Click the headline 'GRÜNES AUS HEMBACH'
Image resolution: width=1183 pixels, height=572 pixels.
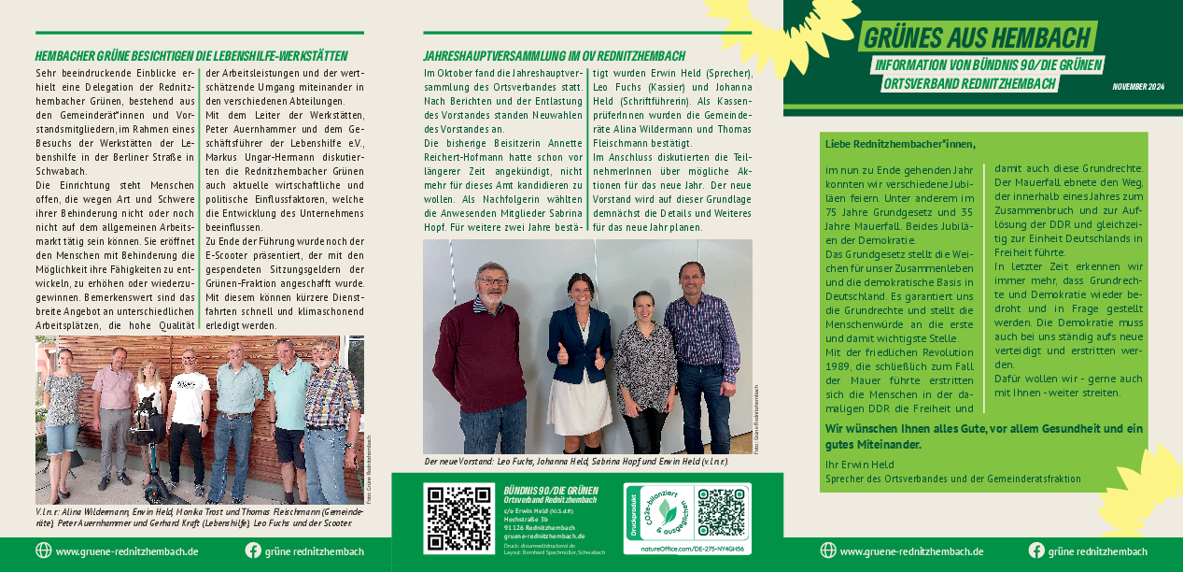[977, 38]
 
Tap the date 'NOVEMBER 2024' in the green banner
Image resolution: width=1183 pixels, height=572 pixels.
[1138, 86]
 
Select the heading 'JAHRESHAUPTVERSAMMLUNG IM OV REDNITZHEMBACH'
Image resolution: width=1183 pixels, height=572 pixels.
[554, 56]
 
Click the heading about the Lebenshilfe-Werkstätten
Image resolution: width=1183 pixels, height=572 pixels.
[191, 56]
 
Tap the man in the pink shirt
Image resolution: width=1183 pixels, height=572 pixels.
[114, 411]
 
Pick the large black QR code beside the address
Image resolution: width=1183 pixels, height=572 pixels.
[458, 517]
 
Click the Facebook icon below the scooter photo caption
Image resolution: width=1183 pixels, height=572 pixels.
[253, 551]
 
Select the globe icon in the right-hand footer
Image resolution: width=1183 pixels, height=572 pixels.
[827, 551]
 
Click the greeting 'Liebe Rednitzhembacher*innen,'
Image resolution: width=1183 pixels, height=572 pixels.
[899, 144]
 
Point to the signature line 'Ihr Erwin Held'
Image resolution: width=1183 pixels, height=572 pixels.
[859, 465]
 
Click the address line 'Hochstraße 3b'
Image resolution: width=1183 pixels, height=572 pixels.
[525, 519]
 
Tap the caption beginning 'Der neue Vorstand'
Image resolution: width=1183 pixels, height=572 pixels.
[576, 462]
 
